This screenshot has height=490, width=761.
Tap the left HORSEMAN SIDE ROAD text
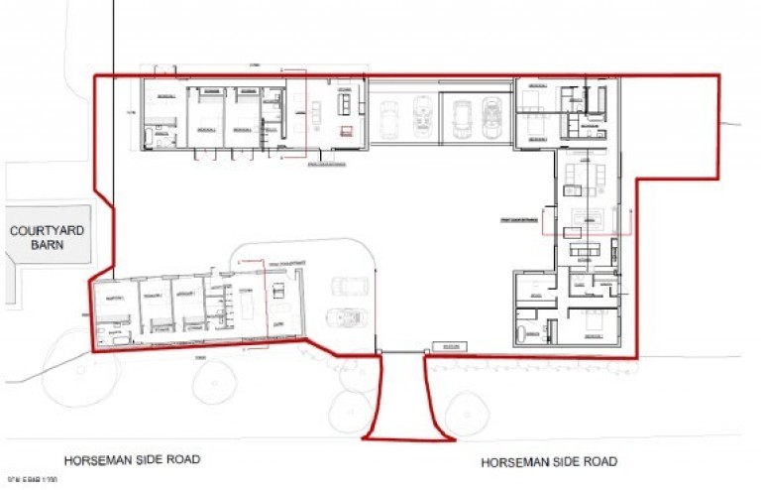coord(133,460)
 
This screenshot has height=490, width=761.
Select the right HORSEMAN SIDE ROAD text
coord(549,462)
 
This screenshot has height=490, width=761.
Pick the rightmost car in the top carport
coord(492,118)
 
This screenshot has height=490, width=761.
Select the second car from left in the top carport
coord(423,117)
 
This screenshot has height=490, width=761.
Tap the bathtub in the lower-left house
coord(110,341)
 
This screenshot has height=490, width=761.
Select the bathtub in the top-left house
coord(159,139)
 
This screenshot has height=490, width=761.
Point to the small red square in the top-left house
coord(346,130)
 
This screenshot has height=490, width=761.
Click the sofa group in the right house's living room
coord(579,180)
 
